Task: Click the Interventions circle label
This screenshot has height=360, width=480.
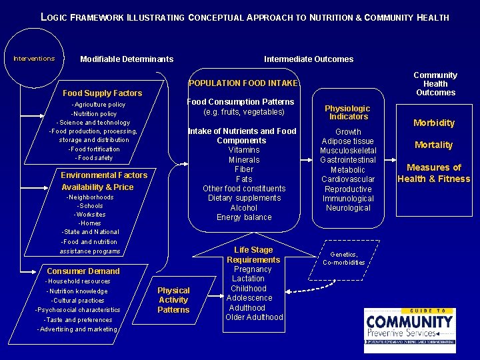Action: click(34, 59)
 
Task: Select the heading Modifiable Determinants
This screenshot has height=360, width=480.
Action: click(127, 59)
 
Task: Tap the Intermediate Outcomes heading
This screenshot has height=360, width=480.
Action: click(309, 59)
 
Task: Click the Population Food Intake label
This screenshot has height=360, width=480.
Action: click(243, 83)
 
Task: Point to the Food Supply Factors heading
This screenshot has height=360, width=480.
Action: click(102, 93)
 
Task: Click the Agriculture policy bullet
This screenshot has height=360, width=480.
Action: click(99, 105)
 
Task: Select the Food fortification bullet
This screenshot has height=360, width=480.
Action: click(94, 149)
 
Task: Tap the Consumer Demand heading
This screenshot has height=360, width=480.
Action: click(83, 271)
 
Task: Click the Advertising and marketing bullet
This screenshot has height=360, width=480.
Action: click(78, 329)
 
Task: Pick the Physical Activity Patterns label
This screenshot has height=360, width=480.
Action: click(173, 300)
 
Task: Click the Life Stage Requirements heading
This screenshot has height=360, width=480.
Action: click(253, 255)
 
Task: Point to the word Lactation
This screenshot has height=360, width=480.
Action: click(249, 279)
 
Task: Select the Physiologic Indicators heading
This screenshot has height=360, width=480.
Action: click(348, 113)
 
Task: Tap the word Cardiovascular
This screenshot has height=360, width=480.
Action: click(348, 179)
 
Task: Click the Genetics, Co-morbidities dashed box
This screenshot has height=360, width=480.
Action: click(344, 258)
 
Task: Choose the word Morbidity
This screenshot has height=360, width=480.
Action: click(434, 123)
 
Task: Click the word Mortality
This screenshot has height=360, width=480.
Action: click(434, 145)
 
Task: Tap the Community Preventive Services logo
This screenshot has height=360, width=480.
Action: click(409, 330)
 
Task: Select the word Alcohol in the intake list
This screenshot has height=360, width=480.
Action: click(243, 208)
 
